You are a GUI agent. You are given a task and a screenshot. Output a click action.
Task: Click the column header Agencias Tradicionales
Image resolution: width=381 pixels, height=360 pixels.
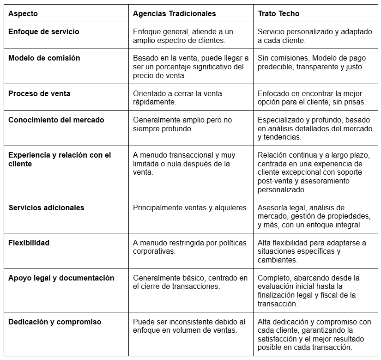[174, 14]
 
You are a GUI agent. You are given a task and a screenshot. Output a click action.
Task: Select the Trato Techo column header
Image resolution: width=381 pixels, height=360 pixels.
[278, 14]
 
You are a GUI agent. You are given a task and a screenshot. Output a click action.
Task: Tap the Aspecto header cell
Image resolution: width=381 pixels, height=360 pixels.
[23, 14]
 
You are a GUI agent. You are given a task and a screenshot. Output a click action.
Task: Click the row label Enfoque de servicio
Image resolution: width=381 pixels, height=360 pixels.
[44, 32]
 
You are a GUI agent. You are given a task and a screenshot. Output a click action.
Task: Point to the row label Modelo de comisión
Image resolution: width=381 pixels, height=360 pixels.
[44, 58]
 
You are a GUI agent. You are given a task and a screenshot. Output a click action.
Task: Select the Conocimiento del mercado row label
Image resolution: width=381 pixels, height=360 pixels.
[56, 120]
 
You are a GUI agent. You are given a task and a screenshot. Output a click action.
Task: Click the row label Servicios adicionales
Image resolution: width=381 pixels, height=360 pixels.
[47, 207]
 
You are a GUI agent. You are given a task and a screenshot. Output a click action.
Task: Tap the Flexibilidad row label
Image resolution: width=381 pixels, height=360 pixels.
[29, 243]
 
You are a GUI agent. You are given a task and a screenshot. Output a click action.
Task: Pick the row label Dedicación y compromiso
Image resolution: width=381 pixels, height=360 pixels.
[55, 322]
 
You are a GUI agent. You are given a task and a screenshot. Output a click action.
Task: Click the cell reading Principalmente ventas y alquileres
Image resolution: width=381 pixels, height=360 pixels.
[191, 207]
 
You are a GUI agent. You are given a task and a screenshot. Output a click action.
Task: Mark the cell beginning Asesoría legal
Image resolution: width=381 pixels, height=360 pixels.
[314, 216]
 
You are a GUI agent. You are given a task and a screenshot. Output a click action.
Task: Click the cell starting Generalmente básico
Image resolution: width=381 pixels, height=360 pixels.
[190, 282]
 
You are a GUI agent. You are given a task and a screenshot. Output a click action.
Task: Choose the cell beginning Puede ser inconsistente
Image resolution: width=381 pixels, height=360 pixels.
[189, 326]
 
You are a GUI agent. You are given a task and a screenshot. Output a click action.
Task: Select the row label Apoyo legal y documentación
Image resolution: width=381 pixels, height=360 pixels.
[61, 278]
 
